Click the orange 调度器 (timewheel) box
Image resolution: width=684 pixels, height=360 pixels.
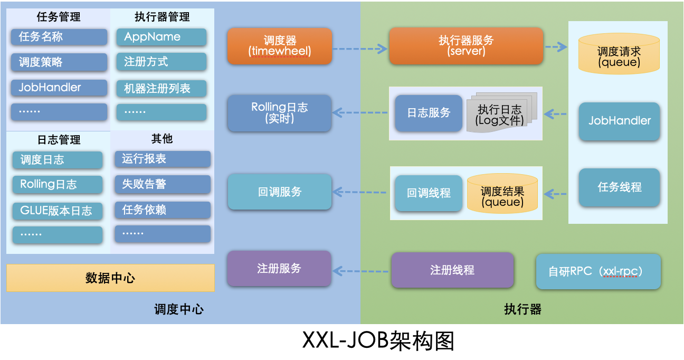click(x=279, y=46)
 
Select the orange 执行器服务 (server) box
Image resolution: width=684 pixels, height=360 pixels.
click(x=465, y=46)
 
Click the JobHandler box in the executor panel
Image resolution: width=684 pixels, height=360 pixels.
click(x=619, y=121)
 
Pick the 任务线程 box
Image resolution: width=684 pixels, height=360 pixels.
click(x=619, y=187)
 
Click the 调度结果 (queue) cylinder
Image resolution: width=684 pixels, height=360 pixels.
click(x=502, y=194)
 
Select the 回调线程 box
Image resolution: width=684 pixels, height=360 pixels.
click(x=428, y=193)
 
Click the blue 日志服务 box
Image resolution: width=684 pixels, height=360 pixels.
click(x=428, y=113)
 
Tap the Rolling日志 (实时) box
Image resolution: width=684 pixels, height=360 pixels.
click(x=279, y=113)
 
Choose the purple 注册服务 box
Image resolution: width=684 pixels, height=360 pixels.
click(x=279, y=269)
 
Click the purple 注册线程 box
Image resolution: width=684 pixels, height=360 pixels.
click(x=452, y=270)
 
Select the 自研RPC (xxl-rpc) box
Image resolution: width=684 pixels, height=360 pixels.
click(x=598, y=271)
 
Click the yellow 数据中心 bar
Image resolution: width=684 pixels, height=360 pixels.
click(x=110, y=278)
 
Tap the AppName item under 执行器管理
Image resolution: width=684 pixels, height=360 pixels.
click(x=161, y=37)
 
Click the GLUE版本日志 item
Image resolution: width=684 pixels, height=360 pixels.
click(x=58, y=211)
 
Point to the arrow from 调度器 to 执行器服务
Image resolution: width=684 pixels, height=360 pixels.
click(x=360, y=49)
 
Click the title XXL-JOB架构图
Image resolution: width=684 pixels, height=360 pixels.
click(x=378, y=342)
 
